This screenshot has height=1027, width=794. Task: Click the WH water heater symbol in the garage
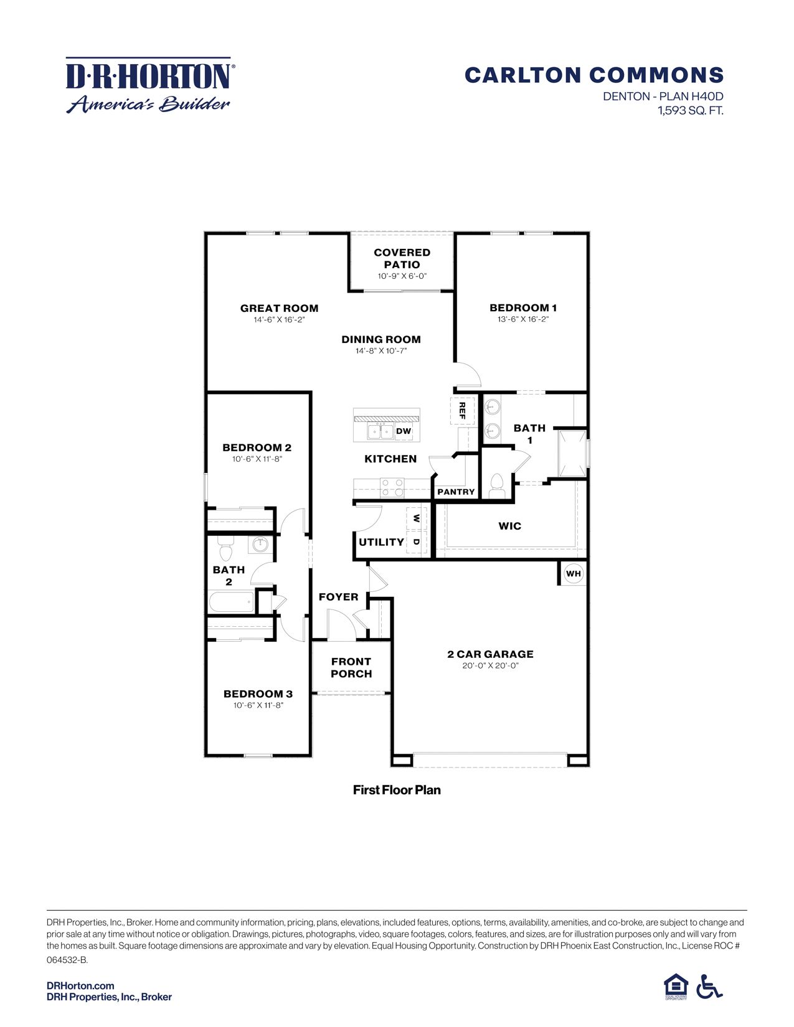[x=573, y=573]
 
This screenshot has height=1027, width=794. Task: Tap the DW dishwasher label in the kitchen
[x=404, y=431]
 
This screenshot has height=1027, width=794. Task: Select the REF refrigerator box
[x=462, y=410]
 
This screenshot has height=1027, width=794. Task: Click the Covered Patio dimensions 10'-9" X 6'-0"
[x=402, y=276]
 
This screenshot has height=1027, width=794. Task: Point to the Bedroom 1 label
[x=523, y=307]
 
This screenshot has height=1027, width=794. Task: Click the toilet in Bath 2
[x=225, y=550]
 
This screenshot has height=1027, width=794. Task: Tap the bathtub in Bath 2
[x=231, y=602]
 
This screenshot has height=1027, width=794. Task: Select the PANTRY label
[x=456, y=492]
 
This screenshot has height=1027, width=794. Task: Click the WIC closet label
[x=509, y=526]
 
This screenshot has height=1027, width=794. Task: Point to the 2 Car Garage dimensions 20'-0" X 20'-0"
[x=490, y=665]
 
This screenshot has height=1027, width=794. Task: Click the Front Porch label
[x=351, y=667]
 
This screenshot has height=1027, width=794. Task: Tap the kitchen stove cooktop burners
[x=392, y=487]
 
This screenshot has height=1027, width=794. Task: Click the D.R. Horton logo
[x=149, y=85]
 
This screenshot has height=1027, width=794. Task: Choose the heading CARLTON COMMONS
[x=594, y=75]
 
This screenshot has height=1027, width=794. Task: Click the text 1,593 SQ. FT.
[x=691, y=111]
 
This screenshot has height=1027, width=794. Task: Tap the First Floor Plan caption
[x=397, y=790]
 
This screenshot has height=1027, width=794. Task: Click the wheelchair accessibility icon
[x=709, y=987]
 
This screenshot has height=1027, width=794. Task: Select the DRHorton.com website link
[x=80, y=985]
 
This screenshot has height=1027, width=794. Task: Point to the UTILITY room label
[x=381, y=542]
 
